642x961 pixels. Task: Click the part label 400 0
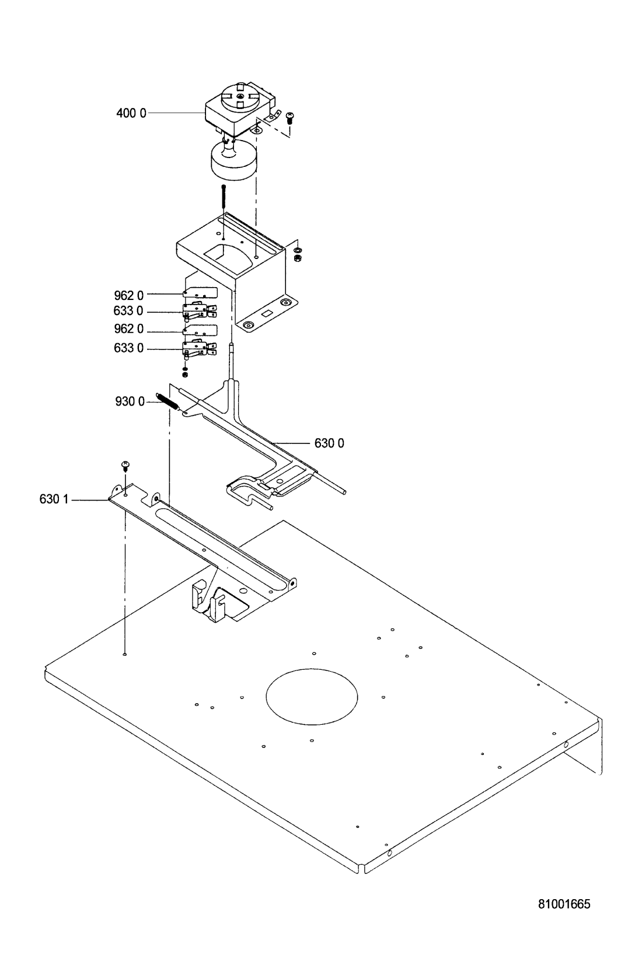point(131,113)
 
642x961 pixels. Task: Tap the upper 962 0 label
point(129,295)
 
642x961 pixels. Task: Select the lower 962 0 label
point(129,329)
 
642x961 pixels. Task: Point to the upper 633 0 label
point(128,310)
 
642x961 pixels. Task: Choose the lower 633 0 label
point(129,348)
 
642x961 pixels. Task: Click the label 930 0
point(130,401)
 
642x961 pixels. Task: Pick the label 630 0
point(329,443)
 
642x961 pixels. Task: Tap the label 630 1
point(54,499)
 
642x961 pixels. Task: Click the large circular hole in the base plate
point(312,697)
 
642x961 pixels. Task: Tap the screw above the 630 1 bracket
point(126,466)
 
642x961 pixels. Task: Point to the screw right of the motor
point(289,117)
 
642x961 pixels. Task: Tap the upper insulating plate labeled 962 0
point(200,293)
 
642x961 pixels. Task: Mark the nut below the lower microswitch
point(185,375)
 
